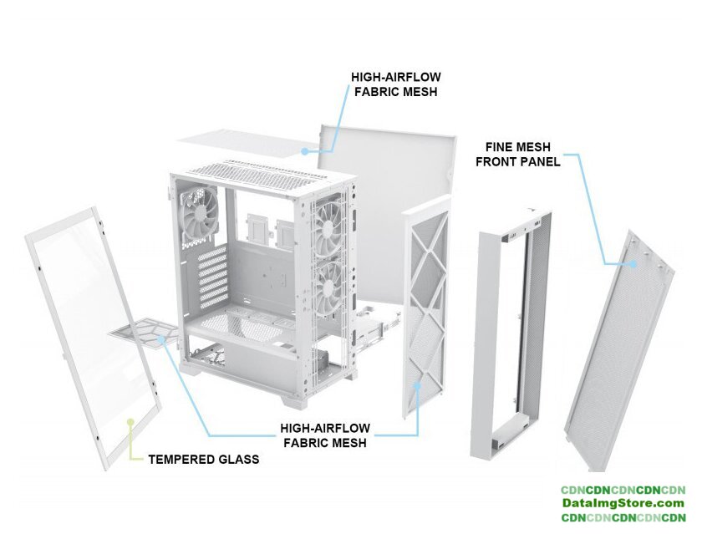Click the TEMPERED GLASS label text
203,459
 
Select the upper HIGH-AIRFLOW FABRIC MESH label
395,84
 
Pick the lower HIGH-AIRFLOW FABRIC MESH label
324,435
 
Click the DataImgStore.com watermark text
623,503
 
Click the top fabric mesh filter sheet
242,142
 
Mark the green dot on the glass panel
130,421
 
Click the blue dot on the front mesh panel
634,262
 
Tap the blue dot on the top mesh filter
306,151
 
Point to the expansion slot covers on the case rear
212,272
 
